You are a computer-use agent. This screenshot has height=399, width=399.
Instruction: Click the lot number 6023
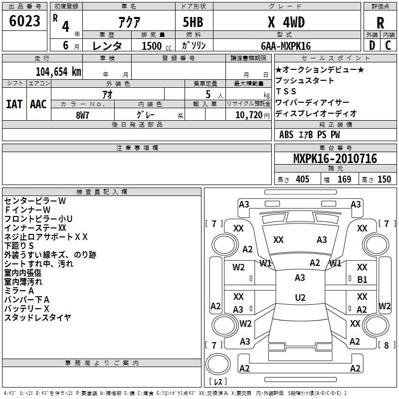pyautogui.click(x=25, y=22)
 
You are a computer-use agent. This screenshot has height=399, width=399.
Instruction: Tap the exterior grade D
pyautogui.click(x=372, y=45)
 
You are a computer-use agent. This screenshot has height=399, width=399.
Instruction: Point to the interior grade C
pyautogui.click(x=389, y=45)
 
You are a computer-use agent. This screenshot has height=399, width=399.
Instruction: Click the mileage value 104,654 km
pyautogui.click(x=59, y=71)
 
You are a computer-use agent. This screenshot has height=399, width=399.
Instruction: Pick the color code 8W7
pyautogui.click(x=83, y=115)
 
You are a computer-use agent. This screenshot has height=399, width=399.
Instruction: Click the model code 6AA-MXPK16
pyautogui.click(x=285, y=46)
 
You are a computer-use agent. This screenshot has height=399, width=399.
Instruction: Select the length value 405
pyautogui.click(x=302, y=179)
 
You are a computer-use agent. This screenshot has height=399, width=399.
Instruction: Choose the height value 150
pyautogui.click(x=384, y=179)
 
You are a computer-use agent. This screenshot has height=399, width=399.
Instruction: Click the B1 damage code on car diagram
pyautogui.click(x=362, y=279)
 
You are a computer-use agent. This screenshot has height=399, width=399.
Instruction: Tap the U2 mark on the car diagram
pyautogui.click(x=300, y=297)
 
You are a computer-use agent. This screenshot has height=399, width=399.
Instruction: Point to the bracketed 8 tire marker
pyautogui.click(x=384, y=345)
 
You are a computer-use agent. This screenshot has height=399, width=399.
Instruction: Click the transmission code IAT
pyautogui.click(x=14, y=104)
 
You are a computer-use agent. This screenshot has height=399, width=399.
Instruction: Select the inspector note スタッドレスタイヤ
pyautogui.click(x=38, y=317)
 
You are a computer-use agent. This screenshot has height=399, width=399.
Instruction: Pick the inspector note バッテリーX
pyautogui.click(x=27, y=308)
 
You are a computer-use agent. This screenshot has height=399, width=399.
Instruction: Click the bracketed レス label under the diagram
pyautogui.click(x=217, y=383)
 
